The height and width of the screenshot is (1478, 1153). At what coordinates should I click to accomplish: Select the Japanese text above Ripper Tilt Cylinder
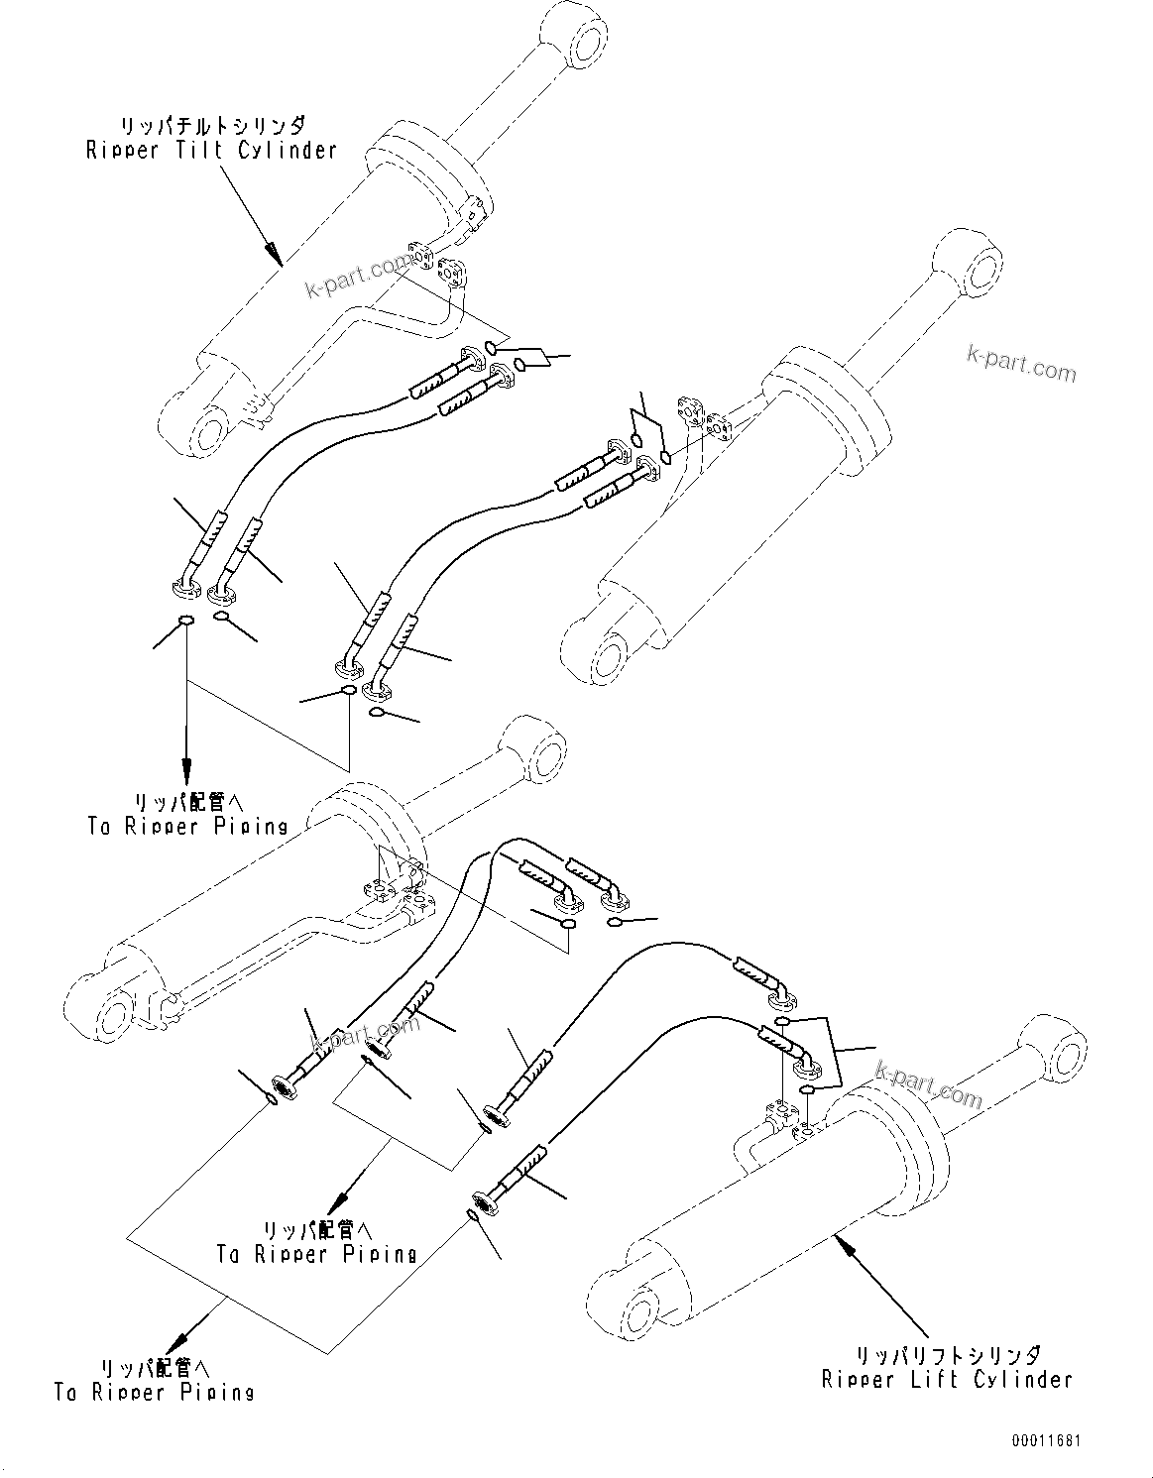tap(212, 127)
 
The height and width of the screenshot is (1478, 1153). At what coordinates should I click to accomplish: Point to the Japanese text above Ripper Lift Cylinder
tap(948, 1354)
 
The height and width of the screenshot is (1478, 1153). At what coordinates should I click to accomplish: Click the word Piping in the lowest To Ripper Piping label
tap(217, 1392)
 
